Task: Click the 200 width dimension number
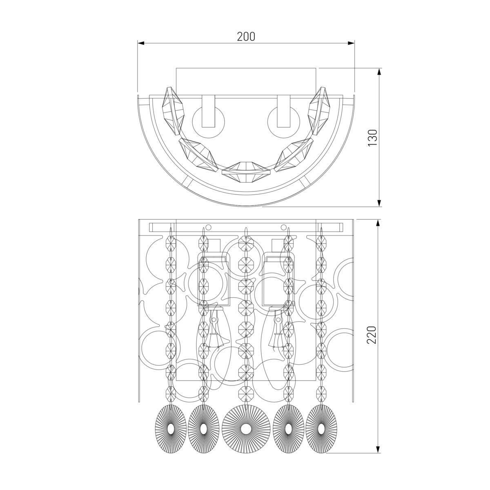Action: [246, 37]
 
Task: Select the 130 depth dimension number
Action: [372, 138]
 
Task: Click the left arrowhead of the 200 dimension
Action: [141, 43]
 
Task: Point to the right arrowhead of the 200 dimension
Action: [351, 43]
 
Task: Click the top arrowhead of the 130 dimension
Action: [379, 72]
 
